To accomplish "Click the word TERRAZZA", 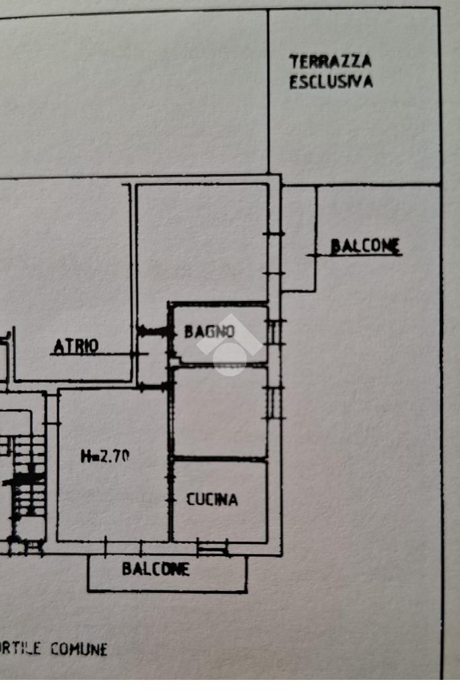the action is pyautogui.click(x=330, y=62).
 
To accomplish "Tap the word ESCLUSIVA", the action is pyautogui.click(x=331, y=82).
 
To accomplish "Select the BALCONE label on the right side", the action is pyautogui.click(x=365, y=246).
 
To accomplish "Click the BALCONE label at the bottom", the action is pyautogui.click(x=156, y=569).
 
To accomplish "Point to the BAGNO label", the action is pyautogui.click(x=209, y=331).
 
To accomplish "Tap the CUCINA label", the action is pyautogui.click(x=211, y=499).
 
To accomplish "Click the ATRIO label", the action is pyautogui.click(x=75, y=346).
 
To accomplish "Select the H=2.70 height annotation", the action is pyautogui.click(x=105, y=456).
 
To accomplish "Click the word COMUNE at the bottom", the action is pyautogui.click(x=79, y=649).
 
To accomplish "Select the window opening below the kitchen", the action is pyautogui.click(x=212, y=549).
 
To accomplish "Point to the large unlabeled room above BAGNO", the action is pyautogui.click(x=203, y=243).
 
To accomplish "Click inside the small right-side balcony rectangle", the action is pyautogui.click(x=298, y=238).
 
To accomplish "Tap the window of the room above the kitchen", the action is pyautogui.click(x=273, y=403).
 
